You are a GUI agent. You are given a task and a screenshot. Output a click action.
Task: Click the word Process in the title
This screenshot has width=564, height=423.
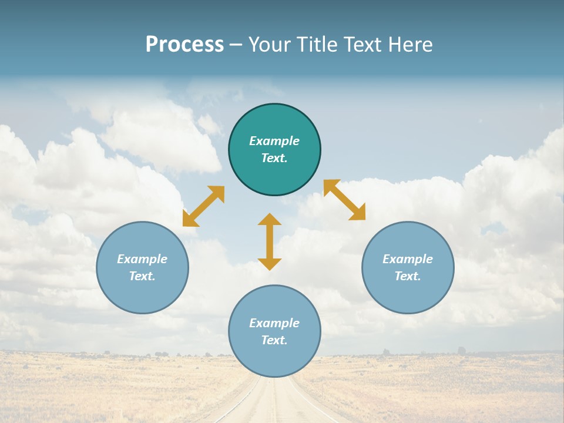[x=184, y=45]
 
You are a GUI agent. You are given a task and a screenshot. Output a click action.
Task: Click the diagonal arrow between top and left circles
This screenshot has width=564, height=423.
[x=203, y=206]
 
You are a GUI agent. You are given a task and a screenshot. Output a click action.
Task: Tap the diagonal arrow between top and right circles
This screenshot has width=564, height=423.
[x=345, y=200]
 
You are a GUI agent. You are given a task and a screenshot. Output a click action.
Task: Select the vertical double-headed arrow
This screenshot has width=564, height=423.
[x=270, y=241]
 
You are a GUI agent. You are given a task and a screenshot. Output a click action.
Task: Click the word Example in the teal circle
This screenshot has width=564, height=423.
[x=274, y=141]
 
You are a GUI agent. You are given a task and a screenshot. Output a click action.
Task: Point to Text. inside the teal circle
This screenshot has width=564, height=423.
[x=274, y=158]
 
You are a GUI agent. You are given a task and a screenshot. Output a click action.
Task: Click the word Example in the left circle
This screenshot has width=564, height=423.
[x=142, y=259]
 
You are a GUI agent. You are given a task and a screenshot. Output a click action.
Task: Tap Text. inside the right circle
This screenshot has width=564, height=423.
[x=408, y=276]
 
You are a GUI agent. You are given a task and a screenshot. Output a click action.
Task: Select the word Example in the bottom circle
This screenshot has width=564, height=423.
[x=274, y=323]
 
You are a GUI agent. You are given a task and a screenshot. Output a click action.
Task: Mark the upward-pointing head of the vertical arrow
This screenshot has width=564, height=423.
[x=270, y=219]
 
